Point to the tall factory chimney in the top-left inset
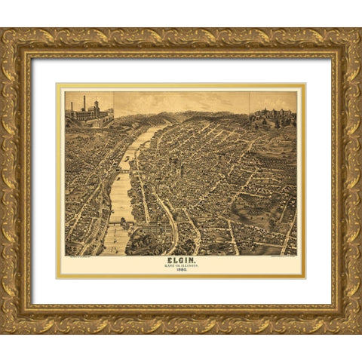point(84,103)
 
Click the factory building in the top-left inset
point(89,114)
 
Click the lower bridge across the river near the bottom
point(119,222)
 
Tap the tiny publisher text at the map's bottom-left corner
point(79,257)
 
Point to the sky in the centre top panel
point(181,101)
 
